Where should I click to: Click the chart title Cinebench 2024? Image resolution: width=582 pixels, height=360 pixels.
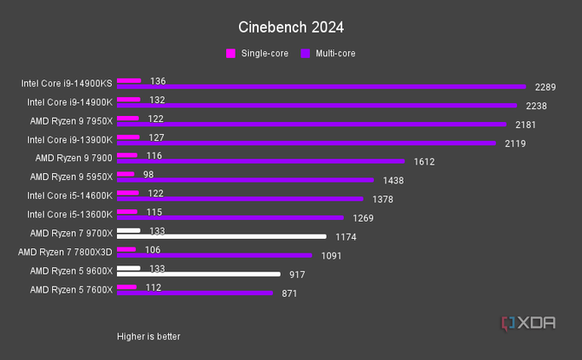click(x=291, y=27)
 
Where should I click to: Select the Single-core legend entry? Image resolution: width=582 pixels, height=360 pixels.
click(x=257, y=54)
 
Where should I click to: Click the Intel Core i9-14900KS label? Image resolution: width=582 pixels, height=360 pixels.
click(x=67, y=84)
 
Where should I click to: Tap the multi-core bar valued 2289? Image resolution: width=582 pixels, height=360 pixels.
click(x=321, y=87)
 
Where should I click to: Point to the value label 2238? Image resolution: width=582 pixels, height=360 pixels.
click(x=536, y=106)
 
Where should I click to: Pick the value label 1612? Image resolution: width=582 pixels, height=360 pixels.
click(x=424, y=161)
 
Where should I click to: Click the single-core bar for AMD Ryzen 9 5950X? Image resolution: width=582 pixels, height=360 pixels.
click(x=125, y=174)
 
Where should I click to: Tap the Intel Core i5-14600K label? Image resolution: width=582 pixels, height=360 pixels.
click(x=69, y=195)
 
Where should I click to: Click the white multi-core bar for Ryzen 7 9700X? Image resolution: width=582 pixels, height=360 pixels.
click(x=221, y=236)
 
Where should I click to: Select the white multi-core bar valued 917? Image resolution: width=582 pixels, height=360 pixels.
click(x=198, y=274)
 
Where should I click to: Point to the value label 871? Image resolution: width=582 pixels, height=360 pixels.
click(x=291, y=293)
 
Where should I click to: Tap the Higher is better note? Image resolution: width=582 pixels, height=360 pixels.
click(x=148, y=336)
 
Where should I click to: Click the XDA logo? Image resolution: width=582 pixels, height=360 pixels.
click(x=529, y=322)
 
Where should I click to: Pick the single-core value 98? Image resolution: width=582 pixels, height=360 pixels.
click(x=148, y=174)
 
